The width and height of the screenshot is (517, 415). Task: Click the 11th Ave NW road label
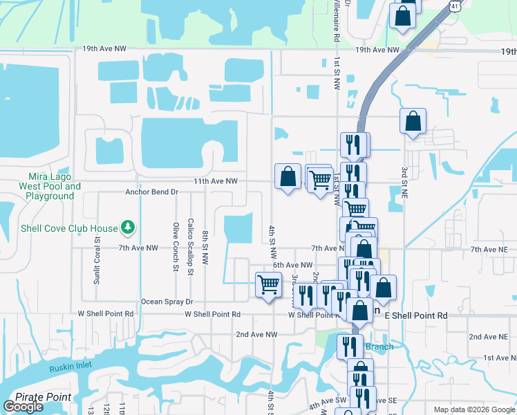tap(216, 181)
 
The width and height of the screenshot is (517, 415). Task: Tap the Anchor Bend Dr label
tap(152, 192)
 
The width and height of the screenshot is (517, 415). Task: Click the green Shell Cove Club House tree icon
tap(127, 227)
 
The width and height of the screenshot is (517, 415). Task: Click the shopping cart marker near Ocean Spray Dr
tap(268, 284)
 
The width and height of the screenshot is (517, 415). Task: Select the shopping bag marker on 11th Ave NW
tap(288, 177)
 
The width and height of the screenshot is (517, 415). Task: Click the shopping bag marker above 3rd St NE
tap(413, 122)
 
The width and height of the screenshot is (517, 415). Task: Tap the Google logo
tap(23, 407)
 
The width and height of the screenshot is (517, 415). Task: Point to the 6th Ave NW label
tap(293, 265)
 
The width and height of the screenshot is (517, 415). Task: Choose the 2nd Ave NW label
tap(256, 334)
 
